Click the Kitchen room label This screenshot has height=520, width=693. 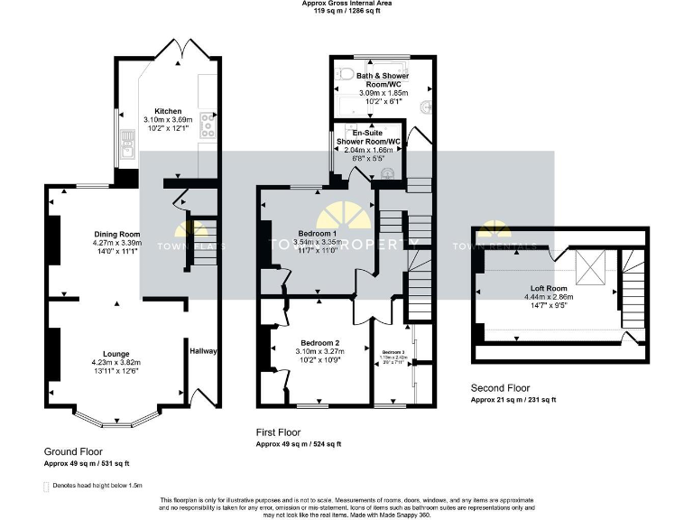(x=169, y=111)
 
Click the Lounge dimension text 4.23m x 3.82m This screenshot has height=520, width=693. (x=116, y=363)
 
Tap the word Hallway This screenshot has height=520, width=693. (x=202, y=350)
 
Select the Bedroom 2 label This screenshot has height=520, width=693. (x=319, y=343)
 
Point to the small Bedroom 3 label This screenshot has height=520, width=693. (x=393, y=352)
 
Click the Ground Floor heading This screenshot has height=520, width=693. (x=73, y=451)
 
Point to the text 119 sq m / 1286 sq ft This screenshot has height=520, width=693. (x=346, y=12)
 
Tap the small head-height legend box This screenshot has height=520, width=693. (x=47, y=486)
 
